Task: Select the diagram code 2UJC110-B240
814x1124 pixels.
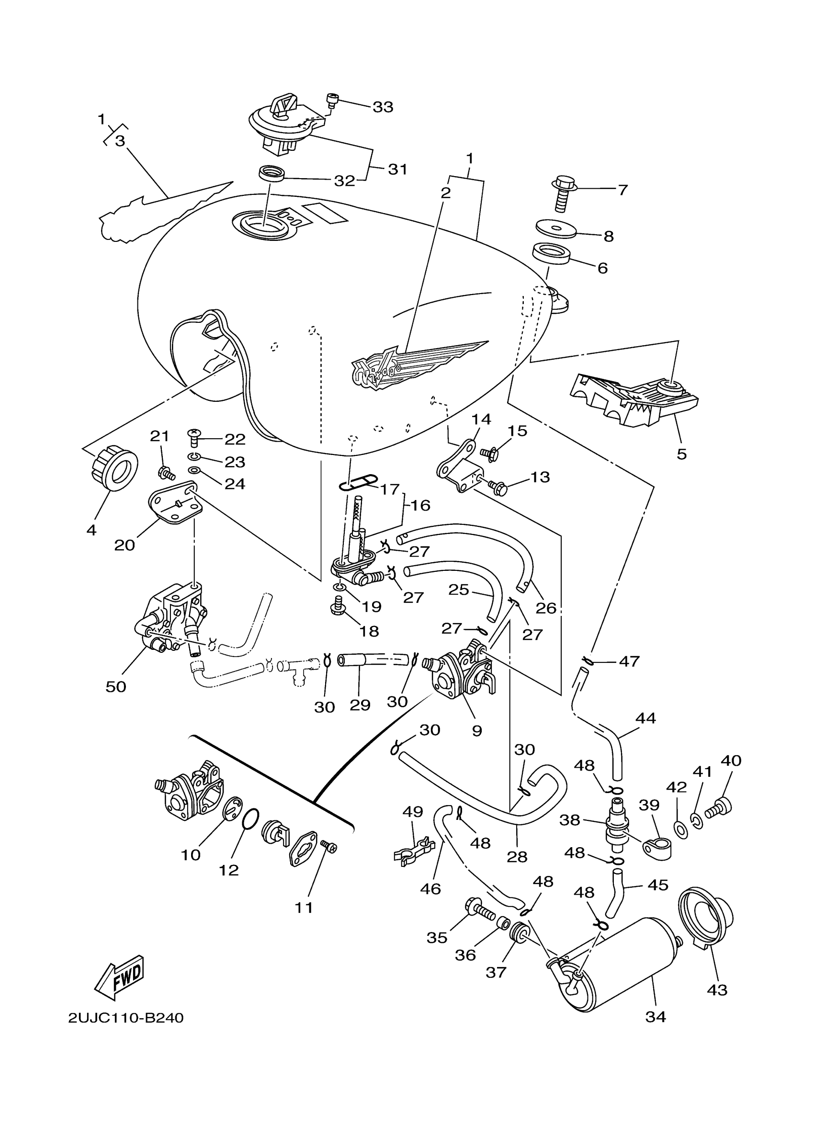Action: coord(126,1018)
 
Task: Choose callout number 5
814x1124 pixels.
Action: coord(682,454)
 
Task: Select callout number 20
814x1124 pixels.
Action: coord(124,545)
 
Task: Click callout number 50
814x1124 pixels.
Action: coord(116,686)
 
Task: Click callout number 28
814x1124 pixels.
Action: coord(517,857)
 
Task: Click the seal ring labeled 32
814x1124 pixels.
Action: coord(272,175)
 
